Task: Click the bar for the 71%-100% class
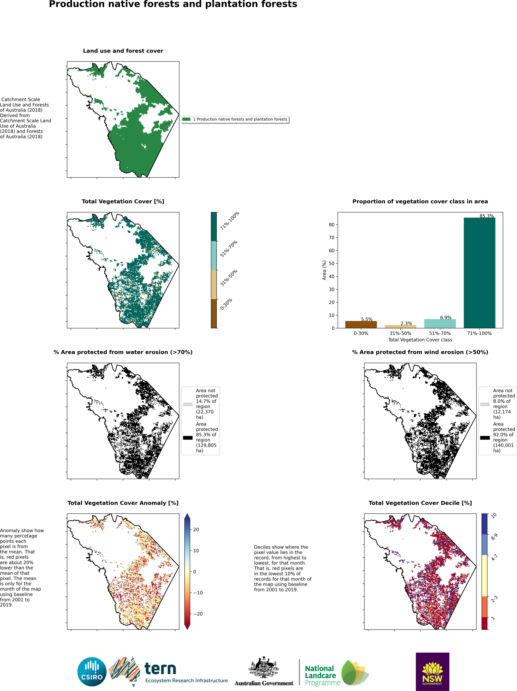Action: pyautogui.click(x=479, y=273)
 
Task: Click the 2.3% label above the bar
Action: pyautogui.click(x=406, y=323)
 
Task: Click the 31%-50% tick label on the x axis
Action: pyautogui.click(x=400, y=333)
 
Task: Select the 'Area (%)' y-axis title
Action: pyautogui.click(x=324, y=270)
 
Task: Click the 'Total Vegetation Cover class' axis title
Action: pyautogui.click(x=420, y=340)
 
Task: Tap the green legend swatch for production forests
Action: pyautogui.click(x=186, y=119)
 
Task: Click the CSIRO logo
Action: pyautogui.click(x=92, y=672)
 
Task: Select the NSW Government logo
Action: pyautogui.click(x=432, y=672)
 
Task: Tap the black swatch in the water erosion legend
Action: pyautogui.click(x=188, y=438)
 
